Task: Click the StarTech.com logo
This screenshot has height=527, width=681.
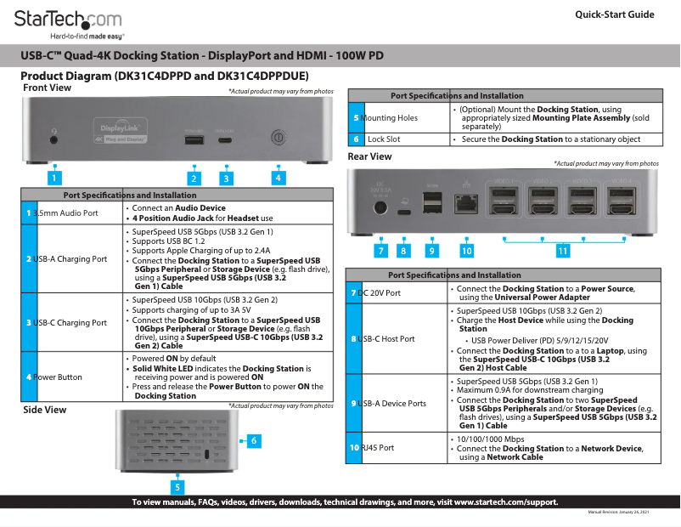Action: (x=68, y=20)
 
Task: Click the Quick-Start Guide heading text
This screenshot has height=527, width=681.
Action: (x=614, y=14)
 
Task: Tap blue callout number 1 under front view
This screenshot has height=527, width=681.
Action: (x=53, y=178)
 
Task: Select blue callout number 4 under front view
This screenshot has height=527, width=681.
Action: (x=278, y=178)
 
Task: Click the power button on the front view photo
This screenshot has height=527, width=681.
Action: (x=278, y=137)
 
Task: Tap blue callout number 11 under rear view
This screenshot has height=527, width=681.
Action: (x=563, y=251)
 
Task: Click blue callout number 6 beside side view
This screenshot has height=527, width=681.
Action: (x=253, y=440)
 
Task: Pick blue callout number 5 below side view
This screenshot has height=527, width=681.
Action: (x=177, y=487)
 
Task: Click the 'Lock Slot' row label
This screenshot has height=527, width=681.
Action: (x=384, y=139)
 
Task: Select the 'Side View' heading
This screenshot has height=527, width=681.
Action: (x=44, y=410)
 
